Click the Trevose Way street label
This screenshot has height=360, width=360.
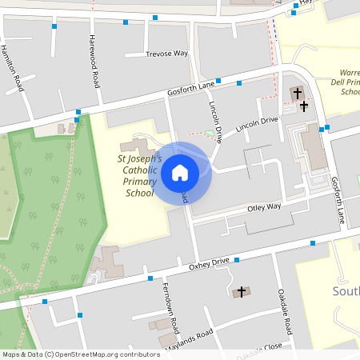coord(166,54)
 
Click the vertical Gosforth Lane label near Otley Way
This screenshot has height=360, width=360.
coord(339,200)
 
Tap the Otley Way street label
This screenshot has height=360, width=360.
coord(264,207)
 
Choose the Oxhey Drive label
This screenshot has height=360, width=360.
coord(209,263)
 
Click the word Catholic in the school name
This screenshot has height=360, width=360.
coord(139,170)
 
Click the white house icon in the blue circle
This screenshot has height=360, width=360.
coord(180,173)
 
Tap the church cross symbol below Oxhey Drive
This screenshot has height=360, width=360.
coord(242,292)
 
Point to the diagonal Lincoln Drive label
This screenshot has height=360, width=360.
coord(256,124)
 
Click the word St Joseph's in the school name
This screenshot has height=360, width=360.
coord(140,159)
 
